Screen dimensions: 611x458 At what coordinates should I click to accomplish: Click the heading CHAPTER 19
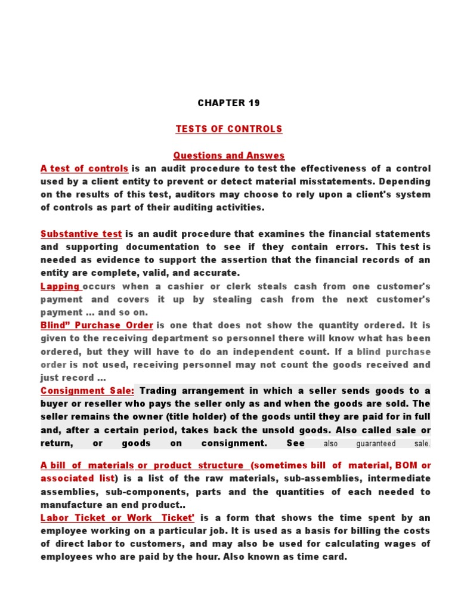pyautogui.click(x=229, y=103)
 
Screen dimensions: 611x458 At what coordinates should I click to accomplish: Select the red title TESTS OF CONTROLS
pyautogui.click(x=229, y=129)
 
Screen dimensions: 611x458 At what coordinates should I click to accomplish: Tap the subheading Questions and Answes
pyautogui.click(x=229, y=156)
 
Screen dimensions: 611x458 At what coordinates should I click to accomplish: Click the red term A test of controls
pyautogui.click(x=84, y=168)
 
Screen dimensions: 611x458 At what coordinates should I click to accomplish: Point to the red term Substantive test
pyautogui.click(x=81, y=234)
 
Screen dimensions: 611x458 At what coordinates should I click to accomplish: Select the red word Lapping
pyautogui.click(x=60, y=286)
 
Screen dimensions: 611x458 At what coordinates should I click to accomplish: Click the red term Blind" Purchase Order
pyautogui.click(x=97, y=325)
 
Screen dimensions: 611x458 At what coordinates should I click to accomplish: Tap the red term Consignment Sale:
pyautogui.click(x=87, y=391)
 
